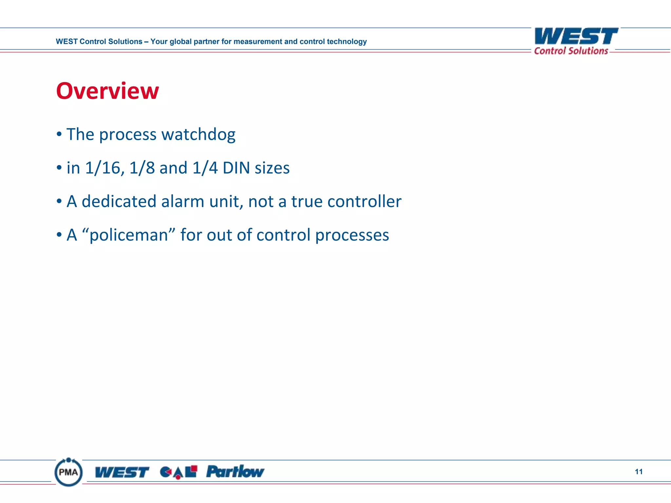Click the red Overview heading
(x=107, y=91)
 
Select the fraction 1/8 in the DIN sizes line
(x=142, y=168)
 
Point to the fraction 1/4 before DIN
(x=205, y=168)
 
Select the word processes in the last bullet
(x=352, y=235)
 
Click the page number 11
(x=639, y=472)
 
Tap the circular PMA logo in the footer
(x=68, y=472)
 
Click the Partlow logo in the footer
(x=235, y=472)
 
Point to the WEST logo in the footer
(x=122, y=472)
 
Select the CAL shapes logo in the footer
(x=179, y=472)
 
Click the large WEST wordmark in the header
(x=576, y=36)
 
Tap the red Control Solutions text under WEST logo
(x=571, y=51)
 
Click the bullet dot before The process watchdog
(x=59, y=134)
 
